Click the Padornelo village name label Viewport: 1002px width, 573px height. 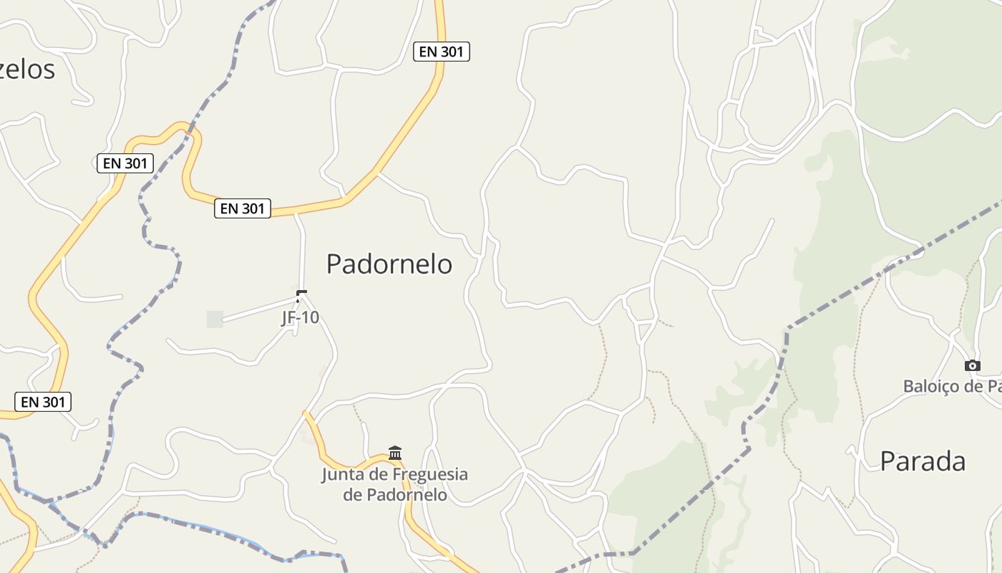pyautogui.click(x=389, y=264)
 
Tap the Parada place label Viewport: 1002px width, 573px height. pyautogui.click(x=923, y=461)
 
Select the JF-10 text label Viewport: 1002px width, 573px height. pyautogui.click(x=300, y=318)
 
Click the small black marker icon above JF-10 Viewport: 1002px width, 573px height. pyautogui.click(x=301, y=294)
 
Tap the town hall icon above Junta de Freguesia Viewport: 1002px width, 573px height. pyautogui.click(x=395, y=453)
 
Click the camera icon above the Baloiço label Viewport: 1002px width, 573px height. pyautogui.click(x=972, y=366)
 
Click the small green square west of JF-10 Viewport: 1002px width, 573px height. pyautogui.click(x=215, y=319)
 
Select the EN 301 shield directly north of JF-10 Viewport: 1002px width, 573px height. pyautogui.click(x=243, y=208)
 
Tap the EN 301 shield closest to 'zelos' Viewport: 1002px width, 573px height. pyautogui.click(x=125, y=163)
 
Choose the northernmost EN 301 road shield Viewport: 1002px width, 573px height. pyautogui.click(x=442, y=52)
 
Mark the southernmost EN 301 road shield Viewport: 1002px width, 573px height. pyautogui.click(x=43, y=402)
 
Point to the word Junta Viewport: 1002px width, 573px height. pyautogui.click(x=343, y=475)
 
